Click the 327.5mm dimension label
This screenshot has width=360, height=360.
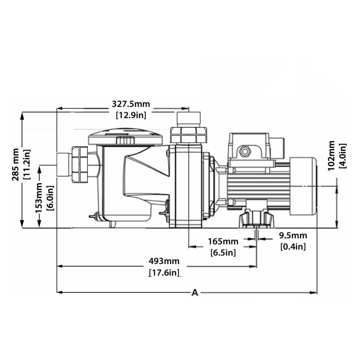tap(130, 104)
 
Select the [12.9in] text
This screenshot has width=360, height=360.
tap(131, 115)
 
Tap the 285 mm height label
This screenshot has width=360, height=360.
tap(15, 165)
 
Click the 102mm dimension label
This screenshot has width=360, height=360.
tap(331, 155)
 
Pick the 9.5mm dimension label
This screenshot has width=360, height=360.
tap(293, 235)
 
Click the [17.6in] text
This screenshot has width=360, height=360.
tap(164, 273)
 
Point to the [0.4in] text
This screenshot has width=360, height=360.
tap(293, 247)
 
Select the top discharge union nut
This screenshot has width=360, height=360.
tap(188, 135)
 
